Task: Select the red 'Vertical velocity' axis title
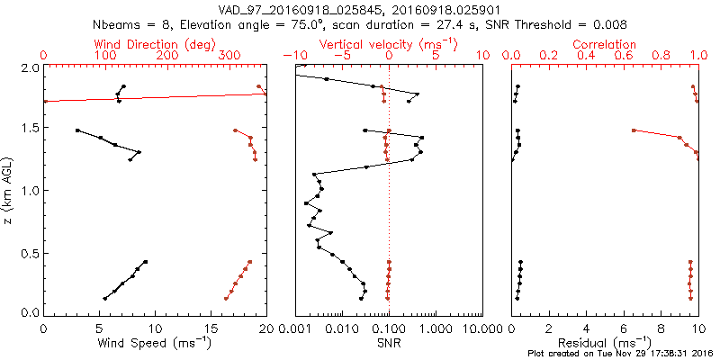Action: coord(387,43)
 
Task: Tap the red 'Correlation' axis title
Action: coord(605,43)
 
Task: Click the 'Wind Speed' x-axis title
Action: coord(155,343)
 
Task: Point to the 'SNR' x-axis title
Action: coord(389,343)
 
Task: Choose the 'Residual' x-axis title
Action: coord(605,343)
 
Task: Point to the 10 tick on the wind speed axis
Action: coord(155,330)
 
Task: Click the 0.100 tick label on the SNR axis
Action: coord(389,330)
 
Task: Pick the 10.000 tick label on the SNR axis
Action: coord(482,330)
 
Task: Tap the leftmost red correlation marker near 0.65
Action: coord(634,130)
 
